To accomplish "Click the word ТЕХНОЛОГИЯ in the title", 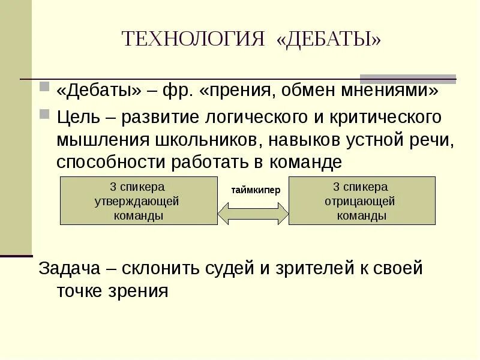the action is [x=193, y=39].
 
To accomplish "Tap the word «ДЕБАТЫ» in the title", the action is [x=329, y=39].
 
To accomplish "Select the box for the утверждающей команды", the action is [x=139, y=201].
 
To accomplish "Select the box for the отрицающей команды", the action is [x=362, y=201].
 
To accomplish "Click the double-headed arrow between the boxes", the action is [x=253, y=212].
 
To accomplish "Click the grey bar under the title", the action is [x=407, y=79].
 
